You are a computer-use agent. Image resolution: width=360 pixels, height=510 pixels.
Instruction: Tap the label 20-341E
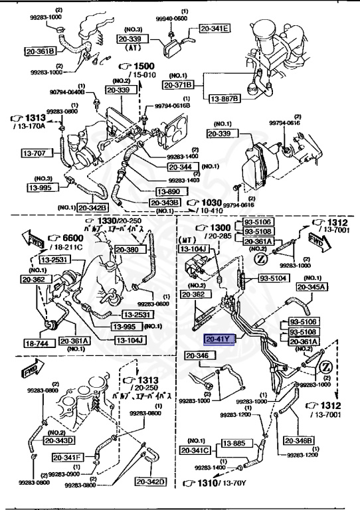pos(213,28)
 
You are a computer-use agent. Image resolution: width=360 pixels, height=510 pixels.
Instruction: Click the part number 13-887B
pos(224,99)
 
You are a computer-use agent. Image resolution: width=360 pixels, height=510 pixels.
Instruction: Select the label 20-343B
pos(165,203)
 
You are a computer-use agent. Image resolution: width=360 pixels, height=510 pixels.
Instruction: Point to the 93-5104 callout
pos(272,278)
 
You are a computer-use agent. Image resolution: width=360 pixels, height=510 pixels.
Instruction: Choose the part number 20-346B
pos(298,440)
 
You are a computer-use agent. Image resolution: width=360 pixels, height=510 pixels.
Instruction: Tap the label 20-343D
pos(60,439)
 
